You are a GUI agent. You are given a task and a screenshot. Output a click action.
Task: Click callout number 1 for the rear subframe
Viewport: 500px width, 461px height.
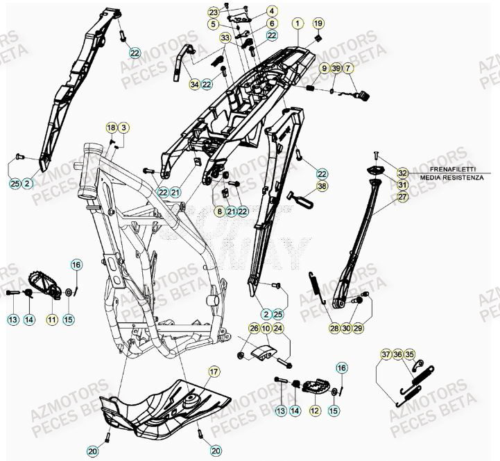(x=298, y=24)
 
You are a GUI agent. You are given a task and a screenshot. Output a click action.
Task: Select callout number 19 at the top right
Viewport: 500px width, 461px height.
(x=318, y=24)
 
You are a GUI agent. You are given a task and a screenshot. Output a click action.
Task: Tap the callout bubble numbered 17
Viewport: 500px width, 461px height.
(x=213, y=372)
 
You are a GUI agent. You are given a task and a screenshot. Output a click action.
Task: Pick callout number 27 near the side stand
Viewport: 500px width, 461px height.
(x=403, y=197)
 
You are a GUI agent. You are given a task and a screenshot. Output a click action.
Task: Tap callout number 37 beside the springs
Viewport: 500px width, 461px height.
(x=386, y=354)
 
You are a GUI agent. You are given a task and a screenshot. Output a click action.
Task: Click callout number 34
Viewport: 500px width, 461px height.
(x=195, y=85)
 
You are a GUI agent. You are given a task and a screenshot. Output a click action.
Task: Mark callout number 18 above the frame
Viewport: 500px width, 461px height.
(x=111, y=128)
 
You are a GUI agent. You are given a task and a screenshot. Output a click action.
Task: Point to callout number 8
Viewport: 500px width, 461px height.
(x=219, y=211)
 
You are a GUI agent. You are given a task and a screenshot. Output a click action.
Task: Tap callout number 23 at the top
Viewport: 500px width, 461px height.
(x=213, y=12)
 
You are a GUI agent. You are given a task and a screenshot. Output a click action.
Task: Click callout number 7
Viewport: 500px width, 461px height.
(x=348, y=68)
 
